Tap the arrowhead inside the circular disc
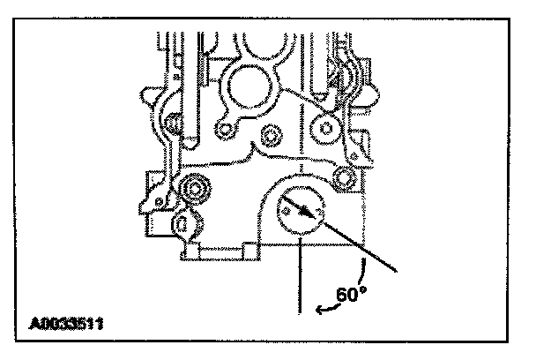[x=309, y=214]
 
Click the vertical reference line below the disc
[x=302, y=274]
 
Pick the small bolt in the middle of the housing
[x=271, y=137]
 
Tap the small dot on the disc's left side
[x=285, y=211]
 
